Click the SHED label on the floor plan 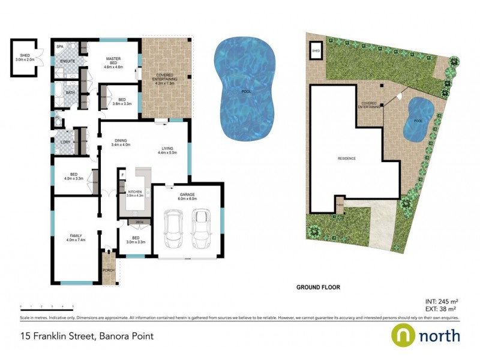(24, 56)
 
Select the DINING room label (121, 142)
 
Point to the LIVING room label (167, 151)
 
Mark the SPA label (60, 46)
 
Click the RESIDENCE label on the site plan (347, 158)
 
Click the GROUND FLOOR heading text (318, 287)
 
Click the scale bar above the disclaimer (43, 307)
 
